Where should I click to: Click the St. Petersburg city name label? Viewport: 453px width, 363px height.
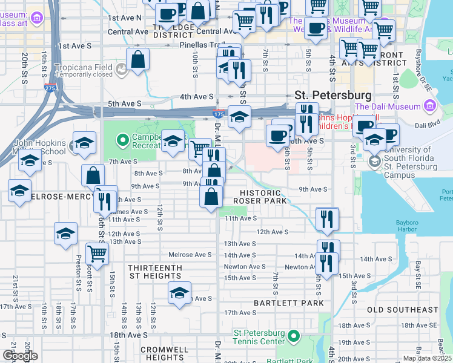click(332, 96)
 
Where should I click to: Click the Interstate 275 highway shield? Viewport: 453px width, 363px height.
click(49, 88)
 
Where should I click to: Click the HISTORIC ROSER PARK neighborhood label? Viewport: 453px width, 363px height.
click(261, 196)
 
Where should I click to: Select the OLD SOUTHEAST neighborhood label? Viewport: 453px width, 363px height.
click(402, 310)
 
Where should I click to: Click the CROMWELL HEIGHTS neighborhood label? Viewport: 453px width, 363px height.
click(165, 353)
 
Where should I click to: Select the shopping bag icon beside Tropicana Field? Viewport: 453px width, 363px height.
click(139, 60)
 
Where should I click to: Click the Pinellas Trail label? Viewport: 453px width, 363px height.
click(197, 45)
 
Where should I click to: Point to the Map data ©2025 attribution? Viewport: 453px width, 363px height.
click(428, 358)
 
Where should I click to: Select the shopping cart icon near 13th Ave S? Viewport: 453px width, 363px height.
click(97, 253)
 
